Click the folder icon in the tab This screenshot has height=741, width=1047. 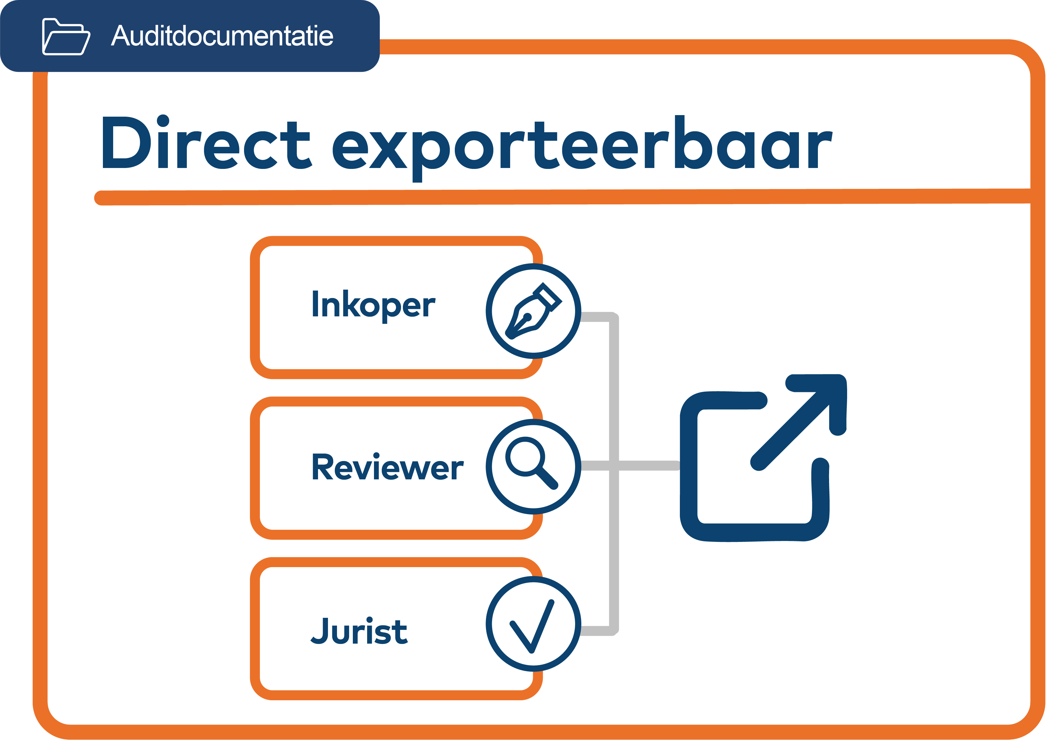pos(66,36)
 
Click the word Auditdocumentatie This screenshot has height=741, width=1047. pos(222,36)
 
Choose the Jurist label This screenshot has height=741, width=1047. pos(359,631)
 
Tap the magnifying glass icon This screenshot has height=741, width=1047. pos(531,463)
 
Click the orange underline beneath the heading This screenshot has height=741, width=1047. pos(547,197)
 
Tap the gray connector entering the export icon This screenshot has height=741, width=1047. pos(648,465)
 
